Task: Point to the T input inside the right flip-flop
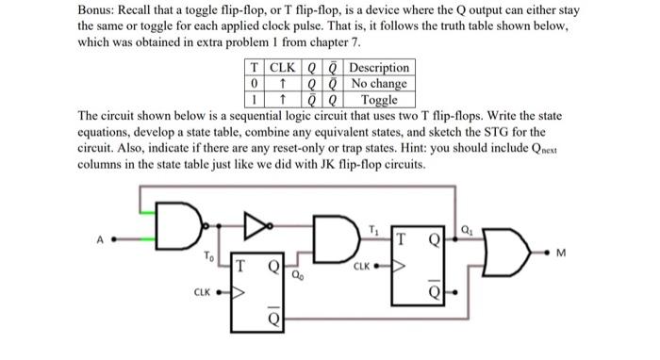[403, 242]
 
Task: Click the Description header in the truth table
[379, 68]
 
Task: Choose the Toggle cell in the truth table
[379, 98]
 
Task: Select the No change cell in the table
[379, 83]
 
